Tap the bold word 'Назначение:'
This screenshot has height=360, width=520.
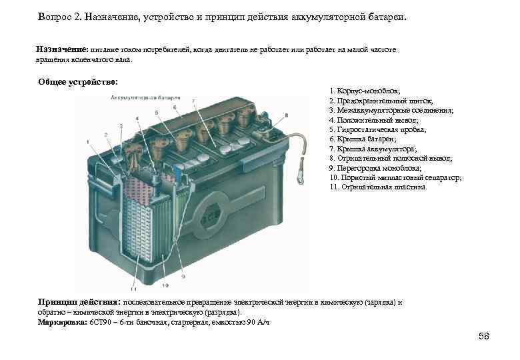click(62, 49)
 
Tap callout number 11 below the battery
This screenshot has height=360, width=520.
click(133, 289)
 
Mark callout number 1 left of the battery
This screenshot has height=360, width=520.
click(87, 141)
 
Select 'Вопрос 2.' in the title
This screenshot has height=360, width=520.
click(60, 16)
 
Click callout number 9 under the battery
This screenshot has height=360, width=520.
click(182, 275)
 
